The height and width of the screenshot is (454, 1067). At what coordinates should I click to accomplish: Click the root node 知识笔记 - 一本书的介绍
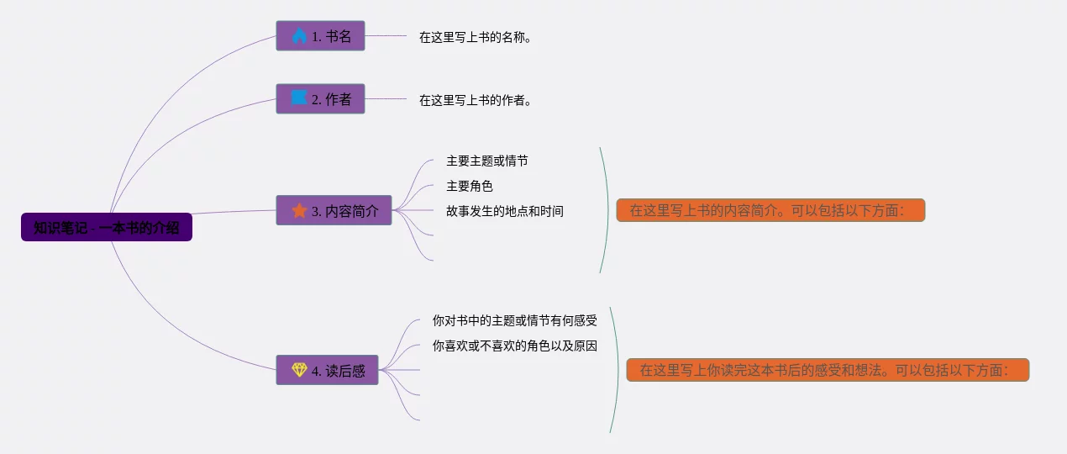point(107,227)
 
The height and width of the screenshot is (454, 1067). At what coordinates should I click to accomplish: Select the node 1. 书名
point(320,36)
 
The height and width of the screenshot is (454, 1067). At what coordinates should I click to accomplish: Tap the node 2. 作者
point(320,98)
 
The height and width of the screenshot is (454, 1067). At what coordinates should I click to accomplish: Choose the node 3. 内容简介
point(334,210)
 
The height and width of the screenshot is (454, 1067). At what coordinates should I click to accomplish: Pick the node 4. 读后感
point(327,370)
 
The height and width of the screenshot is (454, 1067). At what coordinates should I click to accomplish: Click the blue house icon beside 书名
point(299,36)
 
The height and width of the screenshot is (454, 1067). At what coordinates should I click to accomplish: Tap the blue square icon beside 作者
point(299,98)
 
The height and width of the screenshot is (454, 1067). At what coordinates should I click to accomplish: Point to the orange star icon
point(299,210)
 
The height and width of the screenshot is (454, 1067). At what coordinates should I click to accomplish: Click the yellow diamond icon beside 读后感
point(299,370)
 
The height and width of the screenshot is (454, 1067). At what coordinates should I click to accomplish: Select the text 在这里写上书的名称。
point(476,37)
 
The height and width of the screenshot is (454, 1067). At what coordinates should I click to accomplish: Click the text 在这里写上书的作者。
point(476,100)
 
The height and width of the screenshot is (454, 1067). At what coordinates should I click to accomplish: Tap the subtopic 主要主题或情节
point(486,161)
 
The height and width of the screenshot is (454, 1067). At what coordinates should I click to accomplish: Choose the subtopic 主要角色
point(469,186)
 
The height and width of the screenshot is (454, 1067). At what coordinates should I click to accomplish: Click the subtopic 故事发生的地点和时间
point(504,211)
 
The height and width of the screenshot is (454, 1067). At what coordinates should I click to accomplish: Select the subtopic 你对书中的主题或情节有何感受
point(514,320)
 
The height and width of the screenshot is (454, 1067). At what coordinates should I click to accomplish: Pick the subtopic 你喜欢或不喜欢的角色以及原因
point(514,346)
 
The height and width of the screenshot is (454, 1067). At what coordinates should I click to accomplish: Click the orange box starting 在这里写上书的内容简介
point(770,210)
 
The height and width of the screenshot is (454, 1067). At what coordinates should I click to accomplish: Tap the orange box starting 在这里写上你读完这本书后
point(828,370)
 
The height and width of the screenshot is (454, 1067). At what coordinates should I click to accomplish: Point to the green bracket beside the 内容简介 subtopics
point(607,210)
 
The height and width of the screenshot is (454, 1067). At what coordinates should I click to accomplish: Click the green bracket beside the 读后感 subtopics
point(618,370)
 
